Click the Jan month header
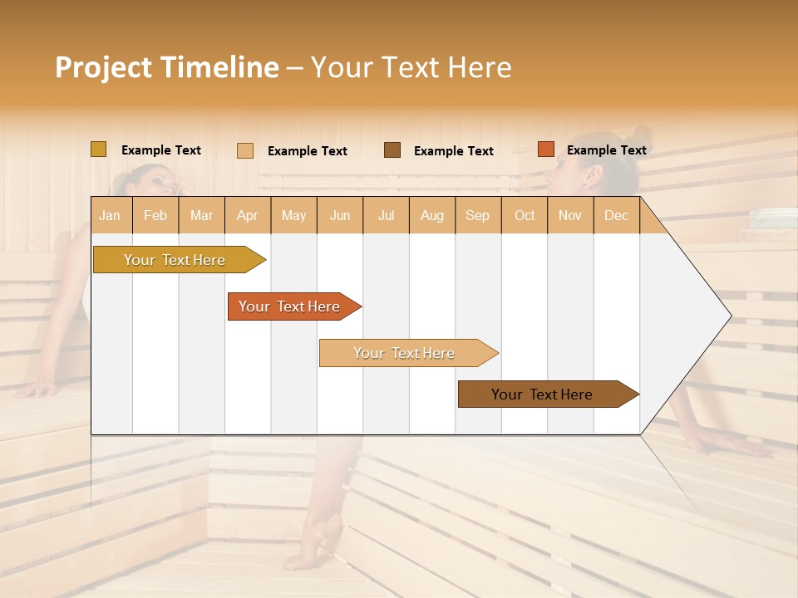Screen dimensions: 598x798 tap(110, 215)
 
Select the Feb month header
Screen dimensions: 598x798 tap(155, 215)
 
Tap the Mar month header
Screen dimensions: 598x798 tap(201, 215)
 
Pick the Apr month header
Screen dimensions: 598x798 tap(247, 215)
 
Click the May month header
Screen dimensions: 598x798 tap(293, 215)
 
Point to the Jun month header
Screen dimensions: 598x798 tap(340, 215)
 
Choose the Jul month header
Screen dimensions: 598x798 tap(386, 215)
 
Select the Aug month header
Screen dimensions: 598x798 tap(431, 215)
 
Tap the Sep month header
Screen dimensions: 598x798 tap(477, 215)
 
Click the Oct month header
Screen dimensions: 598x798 tap(525, 215)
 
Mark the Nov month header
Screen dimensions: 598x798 tap(569, 215)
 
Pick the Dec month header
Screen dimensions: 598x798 tap(616, 215)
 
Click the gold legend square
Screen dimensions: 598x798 tap(98, 149)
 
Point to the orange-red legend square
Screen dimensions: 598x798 tap(545, 149)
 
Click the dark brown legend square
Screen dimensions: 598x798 tap(392, 149)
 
